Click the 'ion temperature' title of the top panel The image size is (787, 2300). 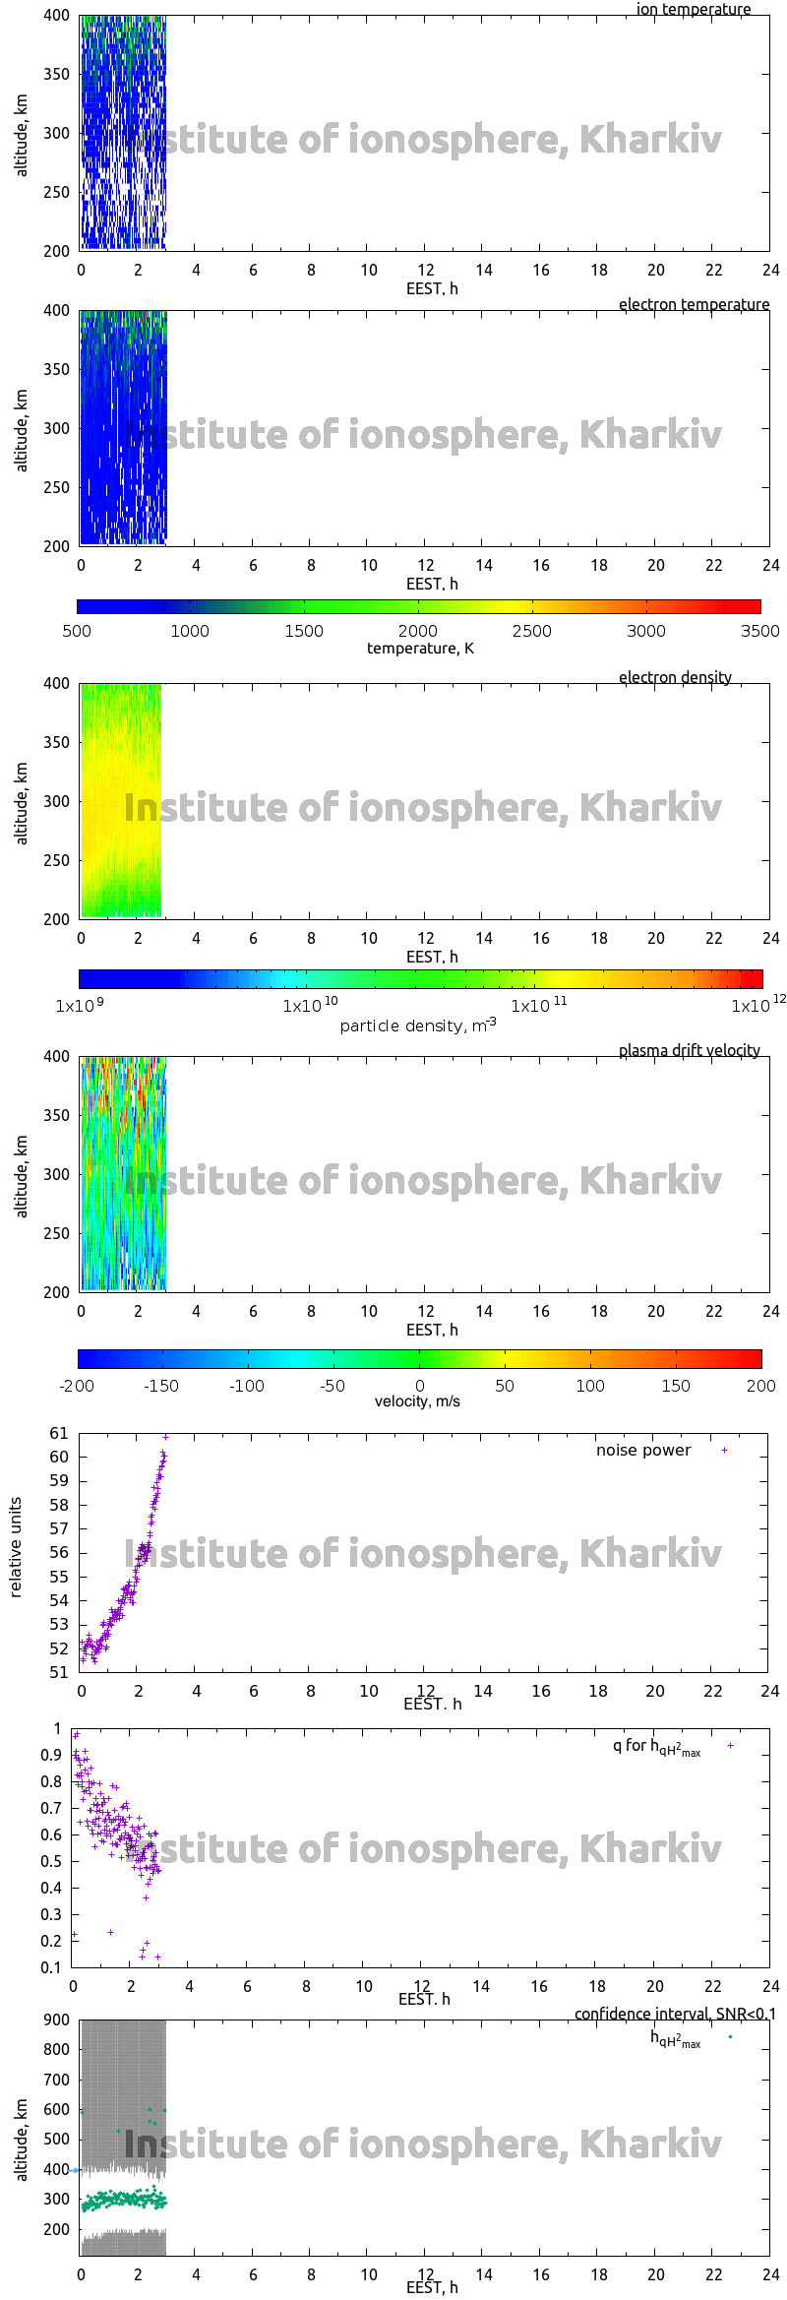693,9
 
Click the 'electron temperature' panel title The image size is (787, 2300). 694,304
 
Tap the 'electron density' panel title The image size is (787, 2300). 675,677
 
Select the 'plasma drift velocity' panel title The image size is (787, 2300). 689,1050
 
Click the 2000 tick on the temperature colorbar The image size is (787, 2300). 418,631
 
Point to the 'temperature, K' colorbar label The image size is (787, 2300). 420,648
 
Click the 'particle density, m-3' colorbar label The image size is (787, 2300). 418,1026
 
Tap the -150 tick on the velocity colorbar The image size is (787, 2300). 161,1386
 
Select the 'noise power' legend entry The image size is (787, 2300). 643,1450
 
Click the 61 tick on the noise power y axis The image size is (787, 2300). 59,1433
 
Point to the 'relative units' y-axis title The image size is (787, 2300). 16,1547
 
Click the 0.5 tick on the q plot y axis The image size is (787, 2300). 51,1861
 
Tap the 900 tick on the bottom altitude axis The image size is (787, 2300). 57,2020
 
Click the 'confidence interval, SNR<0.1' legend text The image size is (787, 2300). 675,2014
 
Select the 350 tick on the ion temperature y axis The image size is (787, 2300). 57,74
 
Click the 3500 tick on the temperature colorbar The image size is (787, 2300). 759,631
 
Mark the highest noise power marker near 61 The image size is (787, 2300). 165,1437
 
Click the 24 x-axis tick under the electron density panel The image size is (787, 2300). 770,938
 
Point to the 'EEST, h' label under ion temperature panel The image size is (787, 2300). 432,288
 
